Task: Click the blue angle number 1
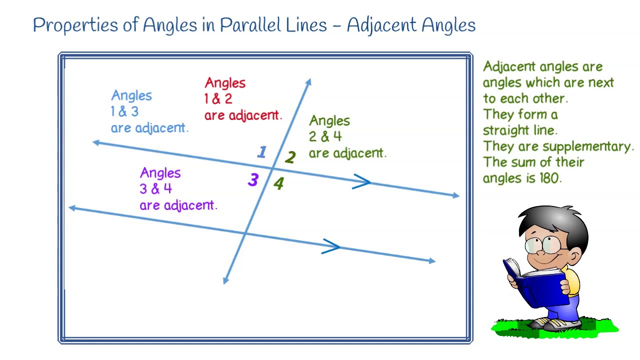262,152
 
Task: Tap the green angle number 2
290,158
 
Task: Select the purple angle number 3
253,180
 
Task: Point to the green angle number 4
278,184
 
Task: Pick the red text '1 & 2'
218,99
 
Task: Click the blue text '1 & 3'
124,111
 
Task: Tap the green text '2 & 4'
325,136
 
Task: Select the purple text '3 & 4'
155,189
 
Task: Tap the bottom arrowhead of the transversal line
225,280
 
